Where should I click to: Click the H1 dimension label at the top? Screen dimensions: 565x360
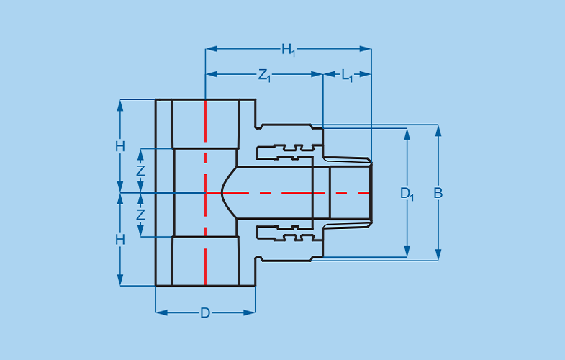(289, 50)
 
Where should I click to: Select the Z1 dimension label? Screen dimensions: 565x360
(264, 76)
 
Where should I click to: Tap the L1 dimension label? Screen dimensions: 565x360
(348, 76)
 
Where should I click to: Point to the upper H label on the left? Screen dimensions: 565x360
(120, 147)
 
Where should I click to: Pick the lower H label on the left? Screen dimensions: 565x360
(120, 240)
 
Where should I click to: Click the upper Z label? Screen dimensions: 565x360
(140, 171)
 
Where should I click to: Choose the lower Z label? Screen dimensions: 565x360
(140, 215)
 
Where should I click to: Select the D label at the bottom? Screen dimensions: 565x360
(205, 312)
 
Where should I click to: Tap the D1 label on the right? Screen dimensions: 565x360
(407, 194)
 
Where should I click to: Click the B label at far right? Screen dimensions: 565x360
(438, 193)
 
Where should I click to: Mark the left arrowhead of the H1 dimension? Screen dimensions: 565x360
(212, 49)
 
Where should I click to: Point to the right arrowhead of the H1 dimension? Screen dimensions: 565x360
(366, 49)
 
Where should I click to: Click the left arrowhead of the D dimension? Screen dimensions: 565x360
(162, 312)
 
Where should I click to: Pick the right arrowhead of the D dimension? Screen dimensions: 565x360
(249, 312)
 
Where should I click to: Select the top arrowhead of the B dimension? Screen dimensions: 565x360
(438, 130)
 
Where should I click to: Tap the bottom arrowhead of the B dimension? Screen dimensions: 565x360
(438, 254)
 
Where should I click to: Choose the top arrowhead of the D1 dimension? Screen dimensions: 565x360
(407, 134)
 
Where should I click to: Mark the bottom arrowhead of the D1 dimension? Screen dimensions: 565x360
(407, 251)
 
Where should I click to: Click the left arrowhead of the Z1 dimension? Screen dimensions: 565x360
(212, 74)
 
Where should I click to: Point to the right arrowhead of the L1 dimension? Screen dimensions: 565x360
(366, 74)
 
